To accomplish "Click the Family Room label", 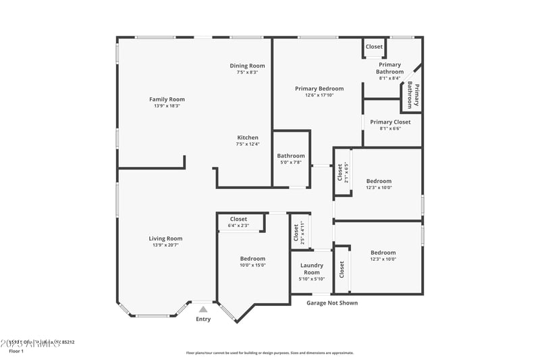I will click(x=167, y=99).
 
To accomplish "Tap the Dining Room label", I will click(x=247, y=66).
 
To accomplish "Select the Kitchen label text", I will click(x=247, y=137).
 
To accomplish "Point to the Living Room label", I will click(x=166, y=238).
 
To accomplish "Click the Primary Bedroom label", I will click(x=319, y=88).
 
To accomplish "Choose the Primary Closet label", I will click(x=390, y=122).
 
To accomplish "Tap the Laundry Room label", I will click(x=312, y=269).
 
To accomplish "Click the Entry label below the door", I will click(x=203, y=319).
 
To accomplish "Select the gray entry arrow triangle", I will click(x=203, y=309).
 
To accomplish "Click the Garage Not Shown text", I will click(x=332, y=303).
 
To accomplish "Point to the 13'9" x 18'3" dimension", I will click(x=167, y=106).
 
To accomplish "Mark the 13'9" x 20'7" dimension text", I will click(x=166, y=245).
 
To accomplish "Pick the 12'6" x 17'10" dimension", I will click(x=319, y=95).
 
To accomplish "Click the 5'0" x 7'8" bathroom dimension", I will click(x=291, y=163).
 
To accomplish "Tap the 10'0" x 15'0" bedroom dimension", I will click(x=253, y=265).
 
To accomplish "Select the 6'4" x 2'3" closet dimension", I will click(x=238, y=226).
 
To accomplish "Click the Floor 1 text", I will click(x=16, y=351).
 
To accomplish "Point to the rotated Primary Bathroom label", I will click(x=413, y=95).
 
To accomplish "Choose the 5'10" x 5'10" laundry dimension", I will click(x=312, y=279).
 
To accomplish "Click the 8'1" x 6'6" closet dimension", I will click(x=390, y=128).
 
